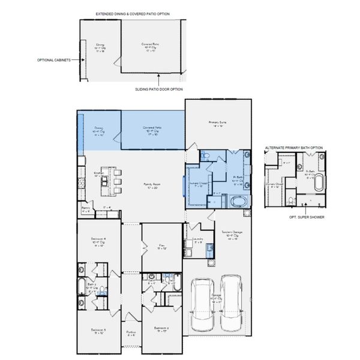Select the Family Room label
click(x=152, y=186)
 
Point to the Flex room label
click(x=161, y=246)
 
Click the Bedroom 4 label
click(x=98, y=242)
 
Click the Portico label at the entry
click(x=131, y=333)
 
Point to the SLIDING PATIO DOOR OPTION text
click(x=158, y=89)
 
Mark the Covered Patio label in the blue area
click(x=152, y=130)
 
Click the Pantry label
click(x=86, y=210)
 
